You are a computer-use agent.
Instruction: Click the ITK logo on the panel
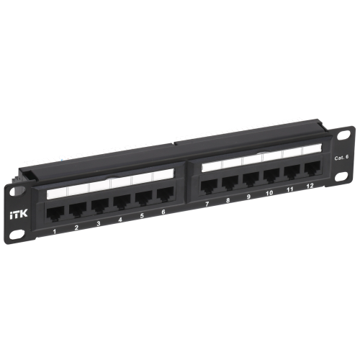pyautogui.click(x=19, y=214)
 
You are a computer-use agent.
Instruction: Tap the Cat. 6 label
pyautogui.click(x=341, y=158)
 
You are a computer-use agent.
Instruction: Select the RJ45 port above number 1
pyautogui.click(x=55, y=213)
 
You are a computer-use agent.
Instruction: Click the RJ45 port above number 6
pyautogui.click(x=166, y=193)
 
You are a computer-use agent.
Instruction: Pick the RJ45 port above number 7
pyautogui.click(x=210, y=186)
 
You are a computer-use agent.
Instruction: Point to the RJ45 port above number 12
pyautogui.click(x=312, y=168)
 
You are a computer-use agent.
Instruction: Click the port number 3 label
pyautogui.click(x=99, y=224)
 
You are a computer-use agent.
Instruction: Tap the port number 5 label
pyautogui.click(x=142, y=216)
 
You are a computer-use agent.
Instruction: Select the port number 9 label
pyautogui.click(x=248, y=197)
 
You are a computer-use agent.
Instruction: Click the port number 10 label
pyautogui.click(x=269, y=193)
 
